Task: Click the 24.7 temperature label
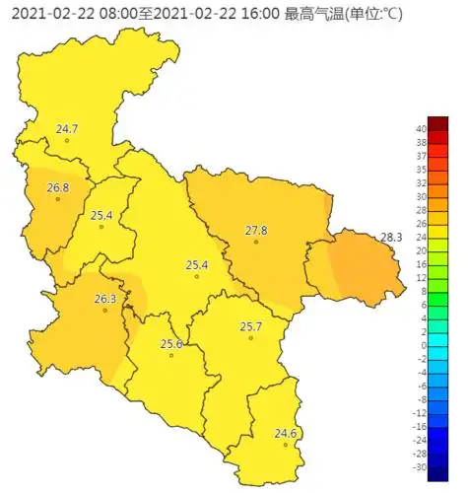tap(67, 129)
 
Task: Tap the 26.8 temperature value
tap(58, 187)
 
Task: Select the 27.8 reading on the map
tap(256, 231)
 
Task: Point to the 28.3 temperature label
tap(392, 238)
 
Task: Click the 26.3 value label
tap(105, 299)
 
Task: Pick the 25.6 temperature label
tap(171, 344)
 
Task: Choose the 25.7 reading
tap(251, 326)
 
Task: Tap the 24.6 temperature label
tap(286, 434)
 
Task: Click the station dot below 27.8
tap(256, 242)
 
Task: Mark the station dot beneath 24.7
tap(67, 140)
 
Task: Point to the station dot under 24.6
tap(286, 445)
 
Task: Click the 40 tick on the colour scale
tap(420, 129)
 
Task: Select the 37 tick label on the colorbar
tap(420, 156)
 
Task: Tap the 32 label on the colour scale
tap(420, 183)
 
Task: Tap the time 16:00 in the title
tap(260, 14)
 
